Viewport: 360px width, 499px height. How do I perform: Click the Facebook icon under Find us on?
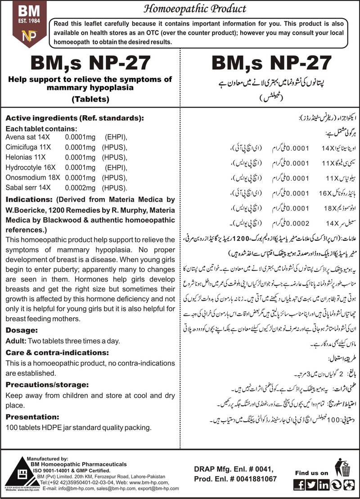tap(299, 484)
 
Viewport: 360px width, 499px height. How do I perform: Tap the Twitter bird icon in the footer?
tap(311, 484)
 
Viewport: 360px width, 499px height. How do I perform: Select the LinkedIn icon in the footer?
tap(323, 484)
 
